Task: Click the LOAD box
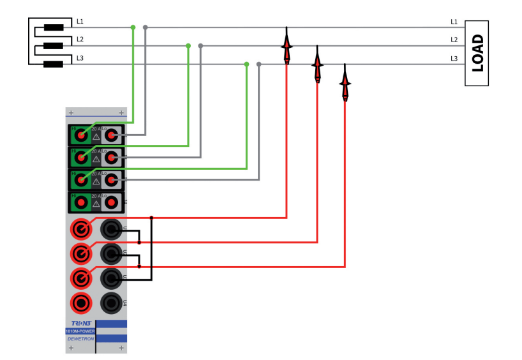click(477, 53)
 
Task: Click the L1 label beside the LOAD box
click(454, 22)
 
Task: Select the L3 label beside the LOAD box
click(454, 59)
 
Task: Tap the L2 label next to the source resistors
click(80, 40)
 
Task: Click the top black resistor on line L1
click(54, 27)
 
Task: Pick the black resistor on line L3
click(54, 64)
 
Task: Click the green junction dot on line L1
click(133, 27)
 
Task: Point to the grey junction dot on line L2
click(200, 46)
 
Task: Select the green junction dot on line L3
click(246, 64)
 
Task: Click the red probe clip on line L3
click(345, 84)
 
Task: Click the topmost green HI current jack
click(80, 135)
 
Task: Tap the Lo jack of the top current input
click(112, 135)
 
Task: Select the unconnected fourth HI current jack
click(80, 203)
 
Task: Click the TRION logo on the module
click(80, 324)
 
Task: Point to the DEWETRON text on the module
click(80, 339)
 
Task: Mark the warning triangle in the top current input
click(96, 137)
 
